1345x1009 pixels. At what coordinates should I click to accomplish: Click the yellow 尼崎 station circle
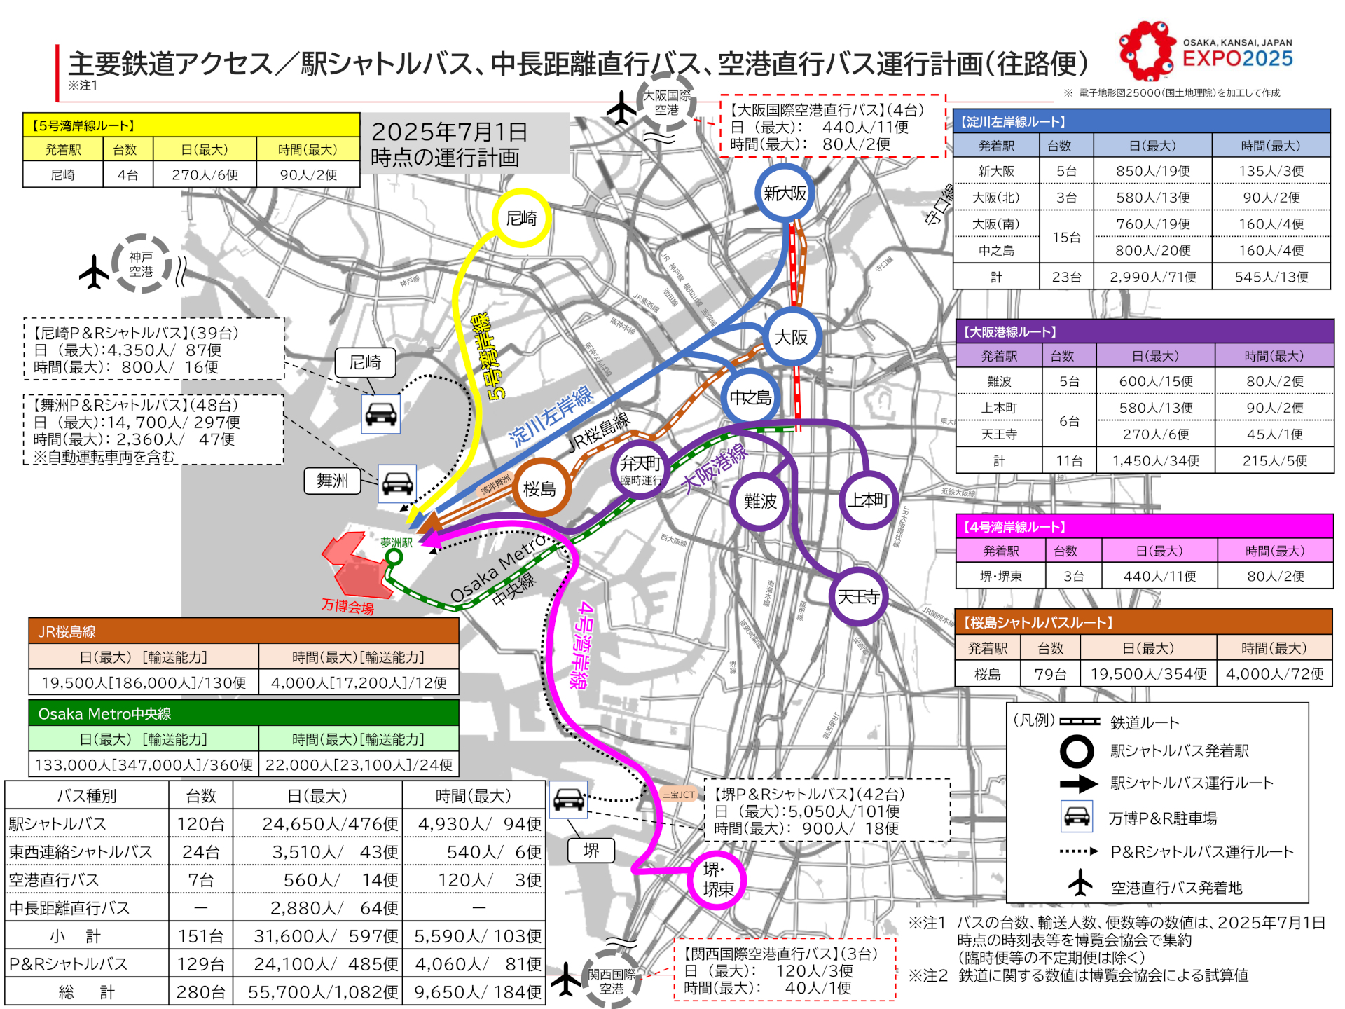click(x=521, y=218)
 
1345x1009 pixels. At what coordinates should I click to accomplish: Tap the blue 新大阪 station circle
click(x=785, y=193)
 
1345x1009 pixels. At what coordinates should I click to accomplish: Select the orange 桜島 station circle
click(x=539, y=488)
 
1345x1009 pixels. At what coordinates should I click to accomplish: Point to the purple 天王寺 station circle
click(x=858, y=596)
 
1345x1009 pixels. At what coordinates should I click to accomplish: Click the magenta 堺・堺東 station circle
click(x=718, y=880)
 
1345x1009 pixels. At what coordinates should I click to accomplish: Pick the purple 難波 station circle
click(x=759, y=501)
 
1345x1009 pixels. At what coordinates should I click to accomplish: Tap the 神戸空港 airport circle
click(x=141, y=264)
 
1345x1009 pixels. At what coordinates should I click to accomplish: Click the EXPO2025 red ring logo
click(x=1147, y=51)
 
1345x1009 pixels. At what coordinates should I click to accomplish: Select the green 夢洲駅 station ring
click(x=394, y=557)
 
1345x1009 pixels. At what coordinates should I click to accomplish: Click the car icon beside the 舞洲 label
click(x=397, y=483)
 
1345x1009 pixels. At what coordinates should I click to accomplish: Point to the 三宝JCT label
click(x=678, y=795)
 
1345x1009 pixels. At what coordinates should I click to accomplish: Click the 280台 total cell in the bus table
click(x=201, y=992)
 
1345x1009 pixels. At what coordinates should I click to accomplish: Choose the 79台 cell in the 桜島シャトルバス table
click(x=1050, y=674)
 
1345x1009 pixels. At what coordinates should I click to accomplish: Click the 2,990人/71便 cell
click(x=1153, y=277)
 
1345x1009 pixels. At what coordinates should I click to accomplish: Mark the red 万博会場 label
click(x=347, y=606)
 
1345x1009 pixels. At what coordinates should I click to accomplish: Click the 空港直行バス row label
click(x=54, y=880)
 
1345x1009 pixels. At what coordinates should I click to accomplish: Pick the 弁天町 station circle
click(x=640, y=468)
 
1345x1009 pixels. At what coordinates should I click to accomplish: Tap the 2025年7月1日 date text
click(x=449, y=132)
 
